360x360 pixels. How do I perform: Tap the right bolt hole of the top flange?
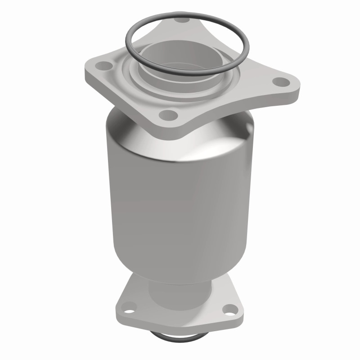(x=281, y=82)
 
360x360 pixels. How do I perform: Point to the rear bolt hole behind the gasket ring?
(x=182, y=20)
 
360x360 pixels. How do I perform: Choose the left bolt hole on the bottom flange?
(x=130, y=310)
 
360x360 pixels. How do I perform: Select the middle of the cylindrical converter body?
(x=180, y=202)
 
